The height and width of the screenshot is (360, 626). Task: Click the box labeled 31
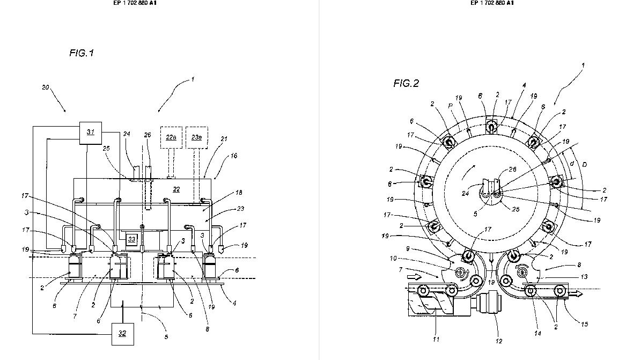[91, 132]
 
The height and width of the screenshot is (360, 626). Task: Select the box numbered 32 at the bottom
[122, 334]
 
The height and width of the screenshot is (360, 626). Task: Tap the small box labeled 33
[131, 238]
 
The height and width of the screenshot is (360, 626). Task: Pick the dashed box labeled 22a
[171, 137]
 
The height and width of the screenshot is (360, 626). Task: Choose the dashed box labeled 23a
[196, 137]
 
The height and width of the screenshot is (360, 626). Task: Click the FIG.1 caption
[82, 53]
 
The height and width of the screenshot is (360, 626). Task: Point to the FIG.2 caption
[406, 83]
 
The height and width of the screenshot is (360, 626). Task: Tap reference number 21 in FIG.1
[224, 139]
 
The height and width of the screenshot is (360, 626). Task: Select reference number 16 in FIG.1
[233, 156]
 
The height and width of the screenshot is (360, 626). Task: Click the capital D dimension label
[585, 164]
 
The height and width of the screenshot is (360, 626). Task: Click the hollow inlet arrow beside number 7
[414, 277]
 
